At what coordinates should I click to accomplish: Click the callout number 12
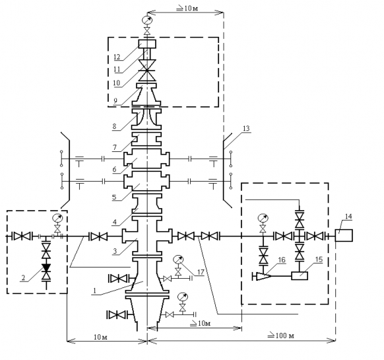pos(117,57)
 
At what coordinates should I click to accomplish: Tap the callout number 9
pos(115,100)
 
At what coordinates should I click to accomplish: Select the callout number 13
pos(246,129)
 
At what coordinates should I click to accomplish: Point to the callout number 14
pos(348,217)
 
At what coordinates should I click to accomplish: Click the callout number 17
pos(201,272)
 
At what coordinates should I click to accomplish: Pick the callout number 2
pos(23,278)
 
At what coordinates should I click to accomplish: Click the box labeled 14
pos(344,235)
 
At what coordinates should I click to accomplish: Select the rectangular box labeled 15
pos(300,276)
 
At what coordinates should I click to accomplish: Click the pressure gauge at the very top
pos(147,20)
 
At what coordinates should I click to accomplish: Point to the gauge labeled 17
pos(178,260)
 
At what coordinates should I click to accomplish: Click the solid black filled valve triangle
pos(46,267)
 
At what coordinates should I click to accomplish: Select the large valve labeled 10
pos(147,71)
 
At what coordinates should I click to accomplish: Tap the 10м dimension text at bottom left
pos(100,337)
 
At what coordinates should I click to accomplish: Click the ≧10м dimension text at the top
pos(187,9)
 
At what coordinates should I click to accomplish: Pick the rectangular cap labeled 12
pos(147,44)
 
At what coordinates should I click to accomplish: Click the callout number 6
pos(115,170)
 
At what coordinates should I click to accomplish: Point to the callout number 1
pos(94,291)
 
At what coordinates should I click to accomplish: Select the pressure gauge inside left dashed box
pos(58,217)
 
